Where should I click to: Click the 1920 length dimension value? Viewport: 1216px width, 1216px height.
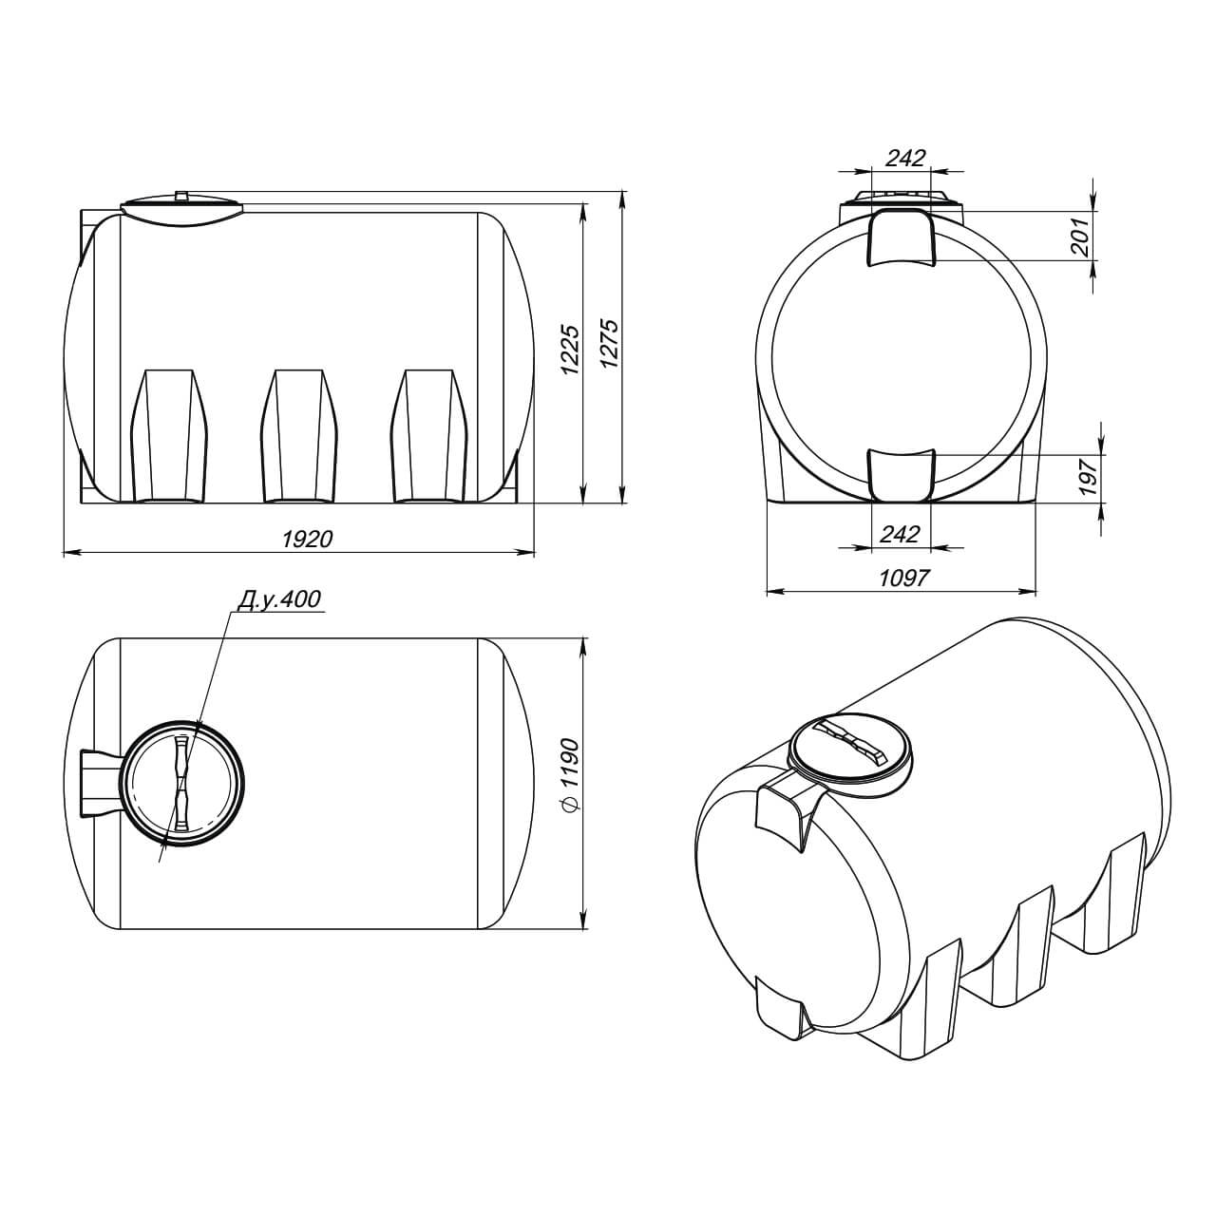[307, 539]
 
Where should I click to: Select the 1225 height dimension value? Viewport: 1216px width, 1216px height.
[570, 351]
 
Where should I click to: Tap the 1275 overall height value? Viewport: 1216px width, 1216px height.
[610, 344]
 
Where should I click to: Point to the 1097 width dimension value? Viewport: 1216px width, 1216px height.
[904, 578]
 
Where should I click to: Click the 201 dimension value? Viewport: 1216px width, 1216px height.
[1082, 237]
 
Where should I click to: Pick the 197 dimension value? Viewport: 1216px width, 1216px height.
[1088, 478]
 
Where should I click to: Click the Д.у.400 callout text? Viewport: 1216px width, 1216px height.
[279, 598]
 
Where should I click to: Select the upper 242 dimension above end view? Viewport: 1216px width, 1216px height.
[904, 158]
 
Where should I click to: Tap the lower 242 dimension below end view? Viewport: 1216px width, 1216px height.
[900, 535]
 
